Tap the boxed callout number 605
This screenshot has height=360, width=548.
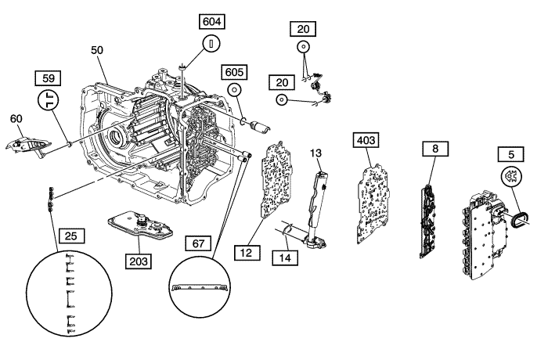234,72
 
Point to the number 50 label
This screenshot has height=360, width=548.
97,50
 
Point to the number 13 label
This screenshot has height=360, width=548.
316,152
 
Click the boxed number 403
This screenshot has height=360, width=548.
367,141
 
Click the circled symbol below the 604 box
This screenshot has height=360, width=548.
212,44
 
